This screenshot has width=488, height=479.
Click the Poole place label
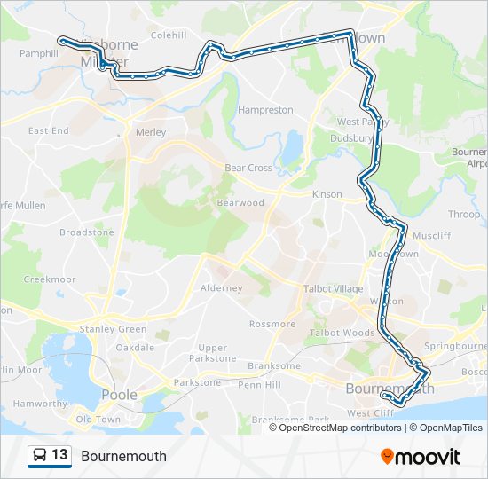[119, 395]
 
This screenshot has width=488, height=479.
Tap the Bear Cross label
[248, 168]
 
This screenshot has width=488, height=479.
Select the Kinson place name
[327, 194]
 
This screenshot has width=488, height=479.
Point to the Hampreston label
[265, 110]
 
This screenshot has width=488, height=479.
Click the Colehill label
[168, 35]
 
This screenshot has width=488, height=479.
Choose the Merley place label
[151, 132]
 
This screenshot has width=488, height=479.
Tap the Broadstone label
[87, 232]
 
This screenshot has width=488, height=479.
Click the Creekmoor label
[45, 279]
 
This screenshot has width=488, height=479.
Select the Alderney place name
[222, 288]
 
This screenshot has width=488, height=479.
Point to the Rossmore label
[272, 324]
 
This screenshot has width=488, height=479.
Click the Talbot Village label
[333, 289]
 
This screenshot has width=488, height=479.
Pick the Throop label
[464, 215]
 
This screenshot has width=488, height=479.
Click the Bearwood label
[240, 203]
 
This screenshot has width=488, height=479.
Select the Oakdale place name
[135, 347]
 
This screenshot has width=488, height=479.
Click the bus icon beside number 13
[40, 456]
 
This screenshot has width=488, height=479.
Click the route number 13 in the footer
[60, 456]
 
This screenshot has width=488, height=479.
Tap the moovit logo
[421, 457]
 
